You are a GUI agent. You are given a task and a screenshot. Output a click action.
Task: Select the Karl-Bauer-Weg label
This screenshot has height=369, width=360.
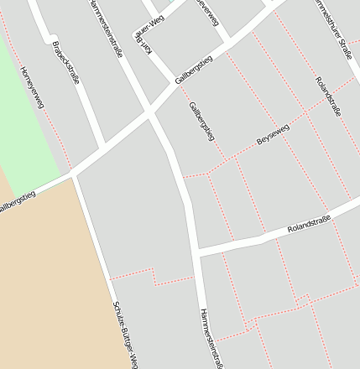tap(154, 39)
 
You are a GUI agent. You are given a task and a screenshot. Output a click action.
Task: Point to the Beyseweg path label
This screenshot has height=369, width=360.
tap(273, 136)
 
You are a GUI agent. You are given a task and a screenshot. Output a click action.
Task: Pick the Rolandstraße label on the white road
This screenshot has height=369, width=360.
tap(309, 224)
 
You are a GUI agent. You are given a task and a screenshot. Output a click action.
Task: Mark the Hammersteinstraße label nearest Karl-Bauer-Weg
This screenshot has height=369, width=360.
tap(106, 27)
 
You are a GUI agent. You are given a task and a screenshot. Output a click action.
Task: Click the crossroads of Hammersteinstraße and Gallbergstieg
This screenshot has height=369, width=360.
tap(149, 112)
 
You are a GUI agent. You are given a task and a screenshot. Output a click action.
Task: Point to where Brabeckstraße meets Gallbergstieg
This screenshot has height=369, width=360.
tap(102, 148)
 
